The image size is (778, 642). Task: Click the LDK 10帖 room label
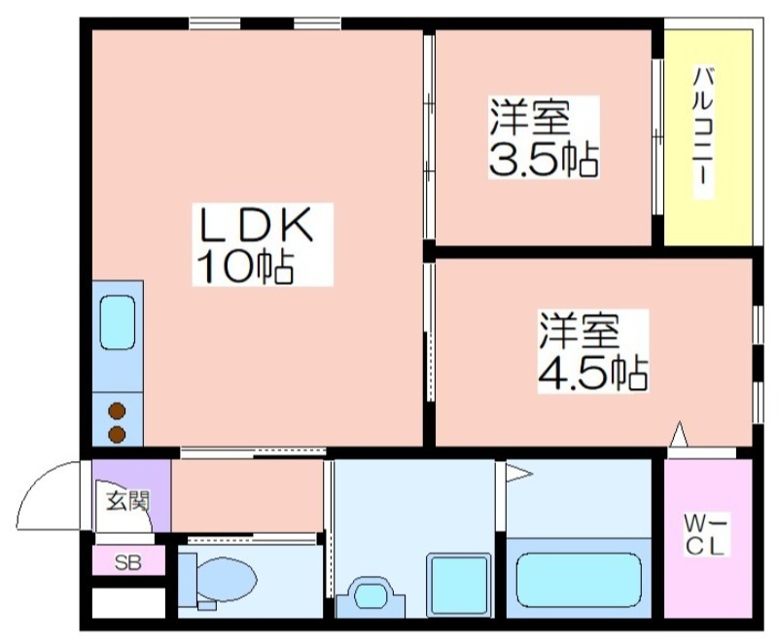(255, 244)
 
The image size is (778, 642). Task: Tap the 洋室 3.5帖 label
(544, 137)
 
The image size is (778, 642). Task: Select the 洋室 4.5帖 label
(593, 351)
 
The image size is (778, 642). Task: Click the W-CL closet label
(704, 535)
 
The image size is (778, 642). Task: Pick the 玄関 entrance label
(128, 502)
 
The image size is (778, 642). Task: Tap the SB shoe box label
(128, 562)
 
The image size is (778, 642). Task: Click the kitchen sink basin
(118, 323)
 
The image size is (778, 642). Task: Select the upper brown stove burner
(117, 411)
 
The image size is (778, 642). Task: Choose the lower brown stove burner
(117, 434)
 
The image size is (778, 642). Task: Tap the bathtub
(579, 580)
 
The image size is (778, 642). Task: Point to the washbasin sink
(371, 596)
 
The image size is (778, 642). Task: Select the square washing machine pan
(459, 585)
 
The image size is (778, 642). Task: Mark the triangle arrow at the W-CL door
(679, 434)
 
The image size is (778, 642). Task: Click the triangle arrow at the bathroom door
(518, 474)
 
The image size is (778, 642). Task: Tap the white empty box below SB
(128, 603)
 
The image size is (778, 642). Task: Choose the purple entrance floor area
(131, 496)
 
